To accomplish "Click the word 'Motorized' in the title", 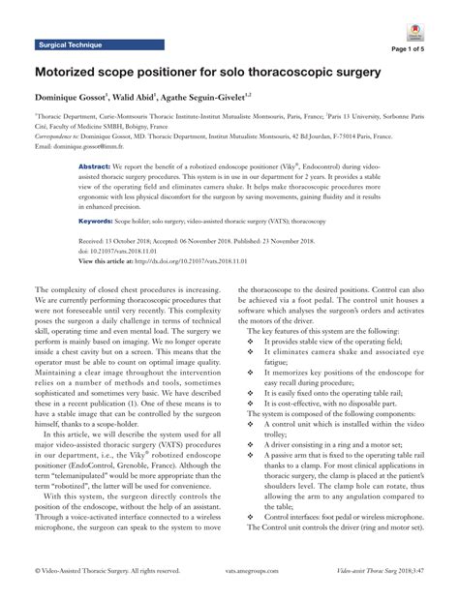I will (76, 72).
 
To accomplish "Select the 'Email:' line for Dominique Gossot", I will (92, 146).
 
